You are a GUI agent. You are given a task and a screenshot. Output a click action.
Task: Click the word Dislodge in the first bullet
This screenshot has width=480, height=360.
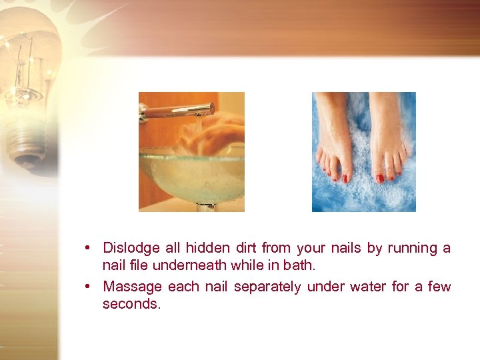tap(131, 248)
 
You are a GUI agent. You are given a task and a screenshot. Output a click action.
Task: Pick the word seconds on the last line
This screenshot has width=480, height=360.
tap(131, 304)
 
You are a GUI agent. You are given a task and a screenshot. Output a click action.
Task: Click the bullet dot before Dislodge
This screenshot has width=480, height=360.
tap(88, 249)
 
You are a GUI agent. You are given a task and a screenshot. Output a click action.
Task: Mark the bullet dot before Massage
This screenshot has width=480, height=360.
tap(88, 287)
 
